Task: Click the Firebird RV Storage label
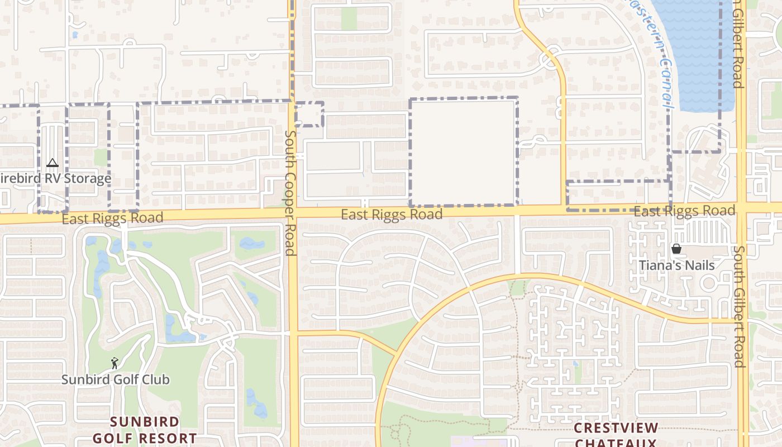click(x=56, y=179)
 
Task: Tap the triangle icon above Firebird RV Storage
click(x=53, y=163)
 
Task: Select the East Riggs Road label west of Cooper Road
click(x=112, y=218)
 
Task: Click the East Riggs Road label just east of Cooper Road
click(x=392, y=215)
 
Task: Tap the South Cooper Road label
click(x=290, y=193)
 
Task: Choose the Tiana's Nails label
click(x=676, y=265)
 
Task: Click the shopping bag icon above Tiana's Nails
click(x=676, y=249)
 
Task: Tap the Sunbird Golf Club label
click(x=115, y=380)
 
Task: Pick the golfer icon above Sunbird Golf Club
click(x=115, y=363)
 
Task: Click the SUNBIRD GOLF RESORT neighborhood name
click(x=145, y=430)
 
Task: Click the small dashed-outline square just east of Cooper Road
click(x=309, y=115)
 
